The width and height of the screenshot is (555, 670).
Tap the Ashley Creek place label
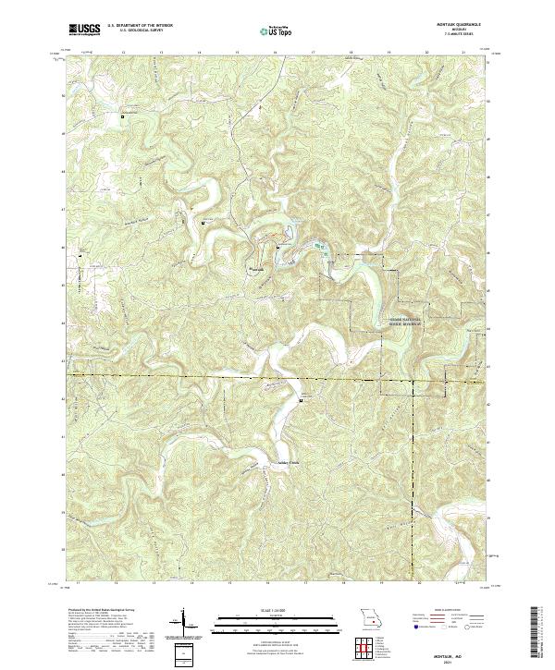[x=290, y=459]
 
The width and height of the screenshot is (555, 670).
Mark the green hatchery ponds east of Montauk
[x=320, y=247]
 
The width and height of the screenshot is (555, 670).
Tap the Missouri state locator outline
[x=370, y=617]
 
